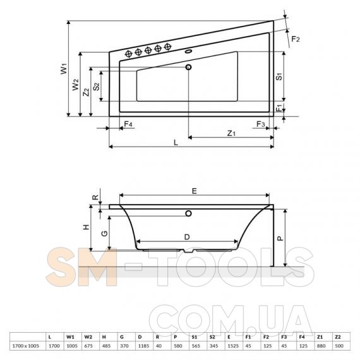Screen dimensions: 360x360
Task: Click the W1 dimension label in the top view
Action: [64, 69]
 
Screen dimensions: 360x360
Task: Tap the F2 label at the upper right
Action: [296, 39]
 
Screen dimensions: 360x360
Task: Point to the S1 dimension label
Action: [279, 76]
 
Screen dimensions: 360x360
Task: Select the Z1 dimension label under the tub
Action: [231, 133]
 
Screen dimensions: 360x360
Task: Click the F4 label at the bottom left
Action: [128, 124]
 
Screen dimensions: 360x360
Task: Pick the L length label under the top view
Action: [176, 143]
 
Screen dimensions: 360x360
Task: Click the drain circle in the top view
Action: [188, 67]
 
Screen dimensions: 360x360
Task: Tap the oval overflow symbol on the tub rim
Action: [188, 51]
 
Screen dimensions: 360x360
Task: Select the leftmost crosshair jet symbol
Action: [129, 54]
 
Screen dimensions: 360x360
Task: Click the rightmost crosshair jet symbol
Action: [167, 47]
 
